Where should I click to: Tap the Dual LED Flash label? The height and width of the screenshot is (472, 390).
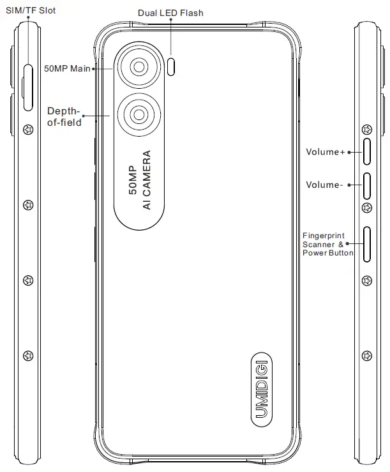point(171,13)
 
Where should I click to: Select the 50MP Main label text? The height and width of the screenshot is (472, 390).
point(68,68)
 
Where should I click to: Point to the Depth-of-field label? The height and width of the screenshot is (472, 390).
point(64,117)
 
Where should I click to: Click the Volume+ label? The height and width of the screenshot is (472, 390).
point(325,152)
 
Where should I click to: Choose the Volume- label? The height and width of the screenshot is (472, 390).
point(324,185)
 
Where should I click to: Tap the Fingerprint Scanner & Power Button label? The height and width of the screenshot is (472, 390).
point(328,245)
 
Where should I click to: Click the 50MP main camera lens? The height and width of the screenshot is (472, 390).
point(138,68)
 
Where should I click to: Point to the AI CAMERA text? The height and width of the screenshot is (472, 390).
point(147,181)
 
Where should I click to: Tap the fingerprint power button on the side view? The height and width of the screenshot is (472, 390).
point(367,244)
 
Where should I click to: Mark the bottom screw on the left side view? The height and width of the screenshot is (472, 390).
point(27,355)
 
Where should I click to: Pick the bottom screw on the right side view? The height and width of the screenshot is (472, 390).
point(366,355)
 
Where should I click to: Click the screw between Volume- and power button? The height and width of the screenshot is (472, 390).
point(366,208)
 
